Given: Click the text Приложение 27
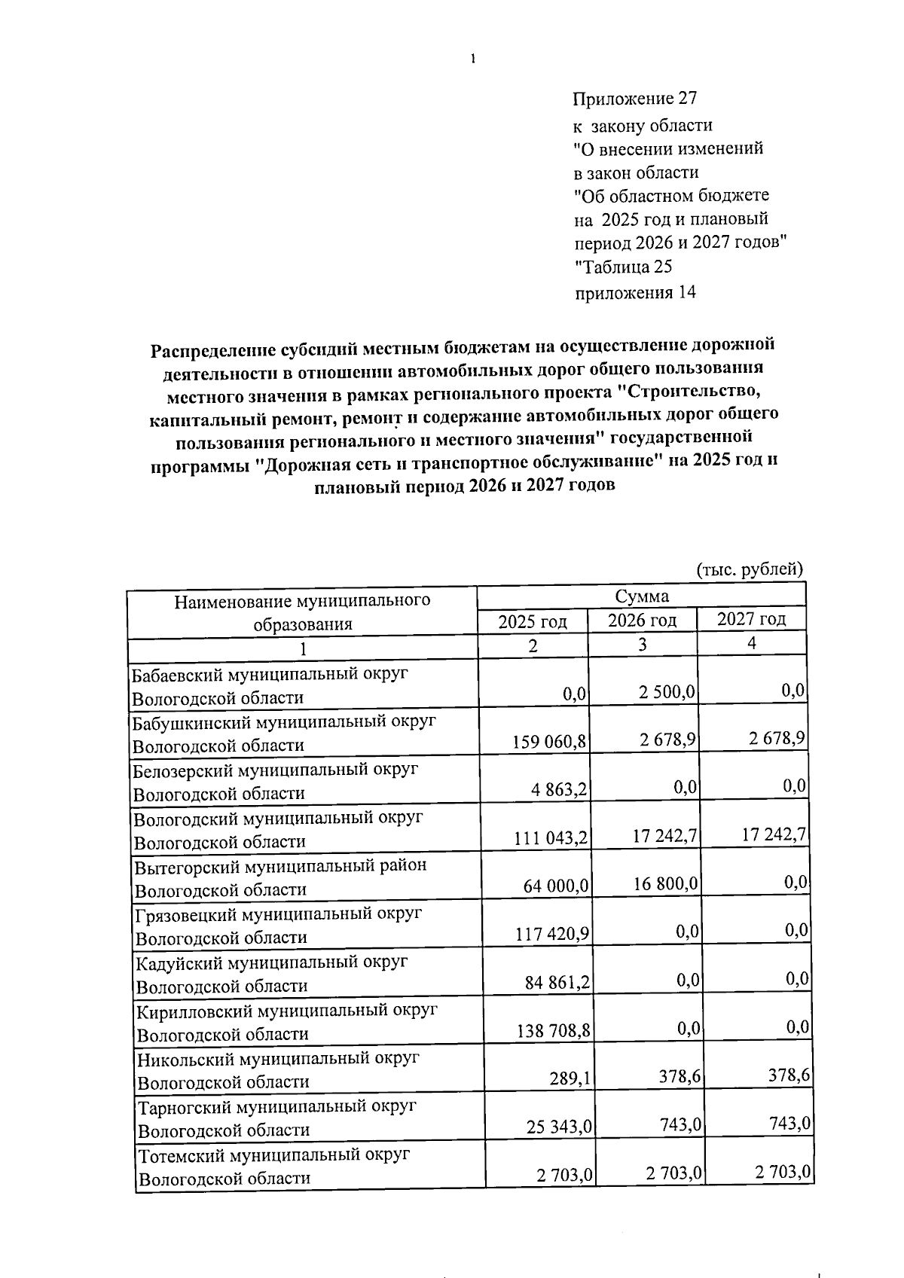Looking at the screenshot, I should coord(635,99).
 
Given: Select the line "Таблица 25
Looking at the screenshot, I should coord(623,267).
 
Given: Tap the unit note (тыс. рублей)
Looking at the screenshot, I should coord(750,569).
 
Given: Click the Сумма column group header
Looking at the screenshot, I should coord(642,596).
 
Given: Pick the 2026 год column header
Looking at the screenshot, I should coord(642,621).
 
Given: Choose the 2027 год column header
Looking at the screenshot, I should coord(751,619).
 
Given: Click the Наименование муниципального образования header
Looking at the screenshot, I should coord(303,612).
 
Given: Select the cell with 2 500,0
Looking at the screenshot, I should coord(667,692).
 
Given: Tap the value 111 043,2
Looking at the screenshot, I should coord(551,838).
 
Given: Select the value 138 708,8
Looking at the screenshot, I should coord(553,1030).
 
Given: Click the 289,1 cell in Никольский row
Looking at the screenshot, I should coord(572,1078).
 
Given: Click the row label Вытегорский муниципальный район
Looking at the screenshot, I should coord(280,865).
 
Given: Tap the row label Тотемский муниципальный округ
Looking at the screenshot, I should coord(274,1154).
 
